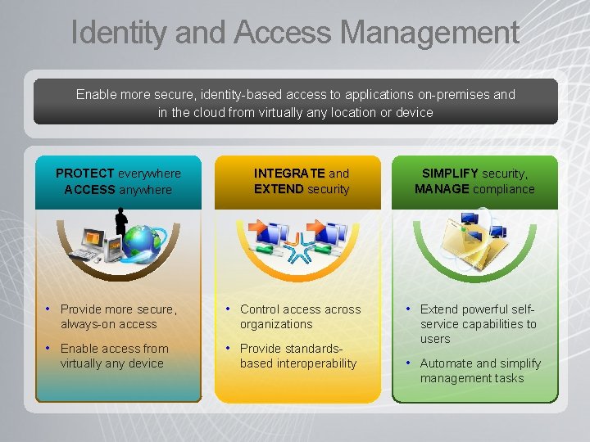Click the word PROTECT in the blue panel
pos(85,174)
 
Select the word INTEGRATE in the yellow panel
pos(289,174)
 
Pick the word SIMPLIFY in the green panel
pos(450,174)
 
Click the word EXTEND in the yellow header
pos(279,189)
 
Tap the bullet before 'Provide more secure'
pos(49,309)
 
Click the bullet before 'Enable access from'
pos(49,348)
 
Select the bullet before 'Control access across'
pos(229,309)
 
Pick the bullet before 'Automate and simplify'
pos(409,363)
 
